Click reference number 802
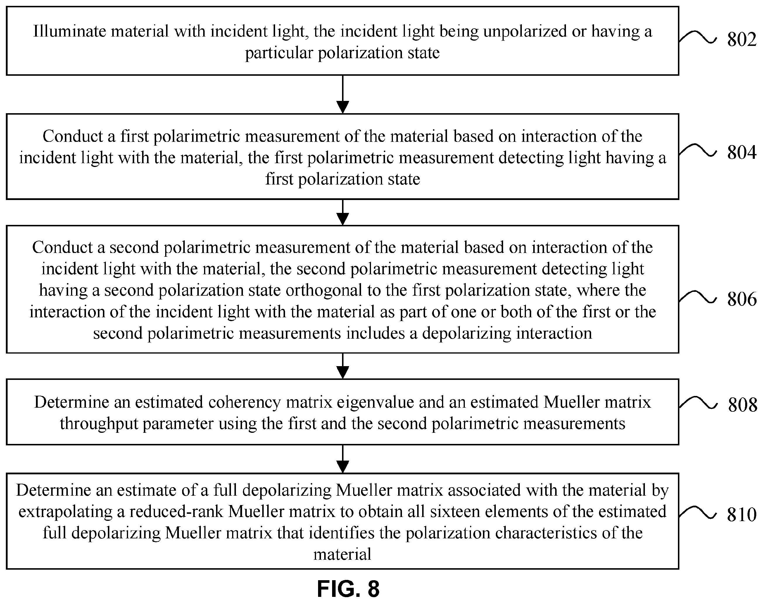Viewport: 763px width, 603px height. click(741, 39)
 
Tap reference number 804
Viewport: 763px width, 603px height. click(741, 153)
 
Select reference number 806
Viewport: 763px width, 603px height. click(741, 299)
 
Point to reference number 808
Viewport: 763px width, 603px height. click(742, 405)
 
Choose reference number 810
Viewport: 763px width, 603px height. click(741, 515)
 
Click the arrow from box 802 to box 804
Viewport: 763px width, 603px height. click(343, 94)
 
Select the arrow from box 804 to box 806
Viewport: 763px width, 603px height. click(343, 212)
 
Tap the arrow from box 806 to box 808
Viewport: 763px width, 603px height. click(343, 366)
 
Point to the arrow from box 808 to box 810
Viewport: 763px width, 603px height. click(343, 459)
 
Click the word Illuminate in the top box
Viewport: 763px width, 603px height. click(70, 31)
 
